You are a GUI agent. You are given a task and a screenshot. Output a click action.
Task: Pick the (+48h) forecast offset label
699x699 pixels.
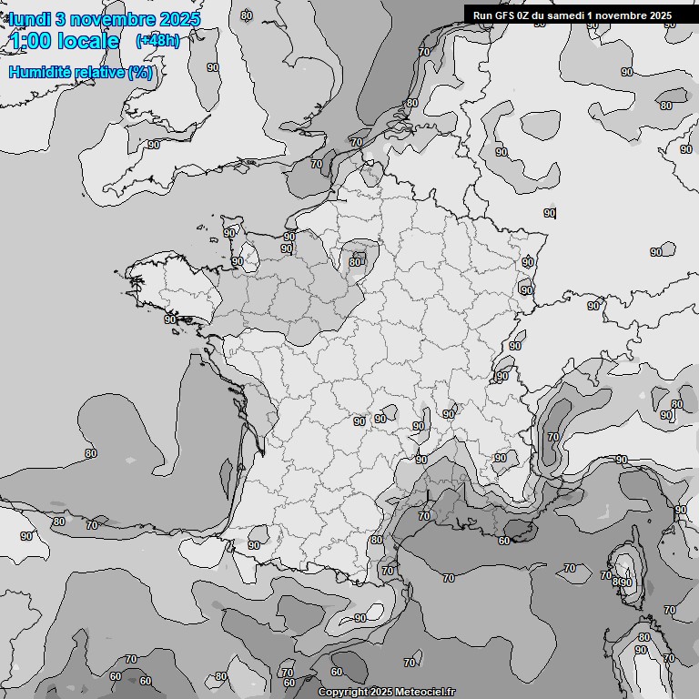[157, 41]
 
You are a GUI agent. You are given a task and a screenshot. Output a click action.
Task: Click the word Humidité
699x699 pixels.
[40, 72]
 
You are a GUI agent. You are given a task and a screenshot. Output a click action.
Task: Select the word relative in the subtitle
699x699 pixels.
[99, 72]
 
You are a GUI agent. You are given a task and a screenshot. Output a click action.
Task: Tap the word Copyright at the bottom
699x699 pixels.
[343, 693]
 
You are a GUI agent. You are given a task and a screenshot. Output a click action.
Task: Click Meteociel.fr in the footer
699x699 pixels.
[424, 693]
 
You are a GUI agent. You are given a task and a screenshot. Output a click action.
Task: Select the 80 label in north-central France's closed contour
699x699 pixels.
[355, 262]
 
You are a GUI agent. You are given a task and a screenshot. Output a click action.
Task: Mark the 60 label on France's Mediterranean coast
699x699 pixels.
[504, 541]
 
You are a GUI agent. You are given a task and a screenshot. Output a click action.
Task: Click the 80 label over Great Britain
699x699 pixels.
[247, 15]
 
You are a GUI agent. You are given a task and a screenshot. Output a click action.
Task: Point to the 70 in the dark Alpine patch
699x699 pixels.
[553, 437]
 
